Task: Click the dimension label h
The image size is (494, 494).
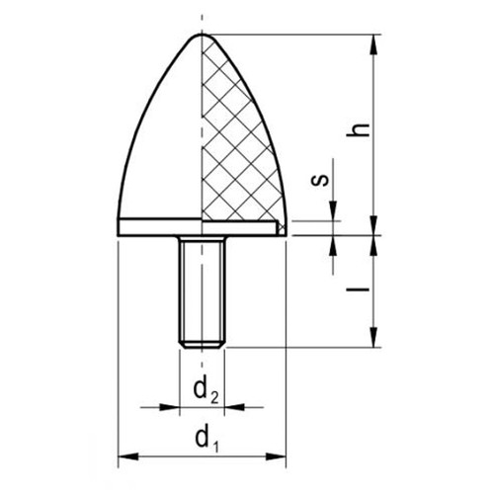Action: (359, 129)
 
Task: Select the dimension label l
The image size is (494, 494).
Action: (358, 289)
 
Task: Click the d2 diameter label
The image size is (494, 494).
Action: (206, 391)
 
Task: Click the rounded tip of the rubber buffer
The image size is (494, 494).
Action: (202, 35)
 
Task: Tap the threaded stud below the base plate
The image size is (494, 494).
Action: (202, 291)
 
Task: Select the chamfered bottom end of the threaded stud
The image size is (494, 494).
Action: (202, 344)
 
